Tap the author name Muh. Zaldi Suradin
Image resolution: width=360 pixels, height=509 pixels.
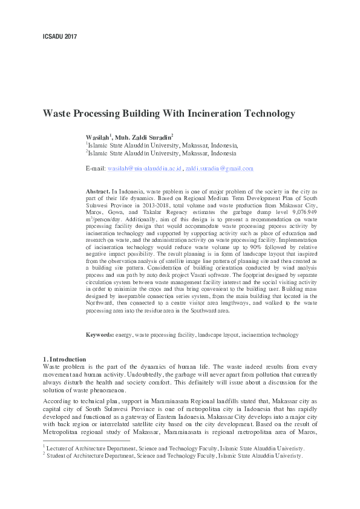coord(145,137)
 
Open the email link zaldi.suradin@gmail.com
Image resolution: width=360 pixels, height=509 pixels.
coord(219,168)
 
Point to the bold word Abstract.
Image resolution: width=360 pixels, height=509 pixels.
coord(98,191)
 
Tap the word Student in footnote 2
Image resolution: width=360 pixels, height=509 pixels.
coord(58,456)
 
